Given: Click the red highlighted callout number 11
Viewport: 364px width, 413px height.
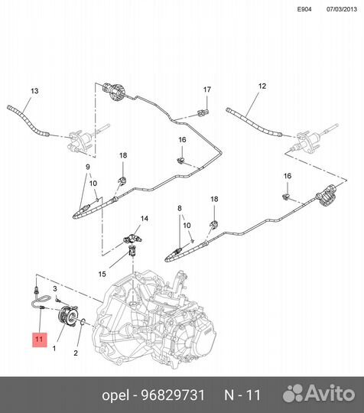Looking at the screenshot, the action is pyautogui.click(x=39, y=340).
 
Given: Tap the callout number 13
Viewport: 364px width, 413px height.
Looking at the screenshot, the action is pyautogui.click(x=34, y=91).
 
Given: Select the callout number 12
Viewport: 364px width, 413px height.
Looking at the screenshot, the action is pyautogui.click(x=262, y=86).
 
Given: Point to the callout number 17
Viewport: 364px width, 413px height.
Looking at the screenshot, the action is pyautogui.click(x=207, y=89).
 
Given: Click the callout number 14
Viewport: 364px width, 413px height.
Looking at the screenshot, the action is pyautogui.click(x=145, y=219).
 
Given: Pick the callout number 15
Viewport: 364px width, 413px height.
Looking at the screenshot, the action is pyautogui.click(x=102, y=275).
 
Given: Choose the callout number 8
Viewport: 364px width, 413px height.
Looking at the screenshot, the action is pyautogui.click(x=180, y=208).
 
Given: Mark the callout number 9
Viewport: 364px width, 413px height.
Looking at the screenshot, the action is pyautogui.click(x=88, y=167).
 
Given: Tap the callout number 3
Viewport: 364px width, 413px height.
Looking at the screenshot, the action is pyautogui.click(x=55, y=288).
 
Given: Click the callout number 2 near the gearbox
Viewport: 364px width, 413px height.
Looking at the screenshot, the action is pyautogui.click(x=76, y=353).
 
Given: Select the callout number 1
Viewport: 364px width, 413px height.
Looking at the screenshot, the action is pyautogui.click(x=54, y=349).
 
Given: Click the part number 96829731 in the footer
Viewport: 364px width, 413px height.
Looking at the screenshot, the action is pyautogui.click(x=173, y=395).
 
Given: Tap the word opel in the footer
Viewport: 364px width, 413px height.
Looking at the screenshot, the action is pyautogui.click(x=115, y=395).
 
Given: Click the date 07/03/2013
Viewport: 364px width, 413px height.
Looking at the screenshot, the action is pyautogui.click(x=342, y=9).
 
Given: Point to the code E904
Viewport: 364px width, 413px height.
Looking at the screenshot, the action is pyautogui.click(x=304, y=9).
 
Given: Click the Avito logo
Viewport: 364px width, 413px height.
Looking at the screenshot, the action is pyautogui.click(x=319, y=394).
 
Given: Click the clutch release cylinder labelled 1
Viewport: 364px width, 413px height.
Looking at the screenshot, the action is pyautogui.click(x=67, y=315).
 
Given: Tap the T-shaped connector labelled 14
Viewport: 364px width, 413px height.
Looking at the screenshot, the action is pyautogui.click(x=133, y=239).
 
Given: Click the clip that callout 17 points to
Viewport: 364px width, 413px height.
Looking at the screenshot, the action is pyautogui.click(x=203, y=113).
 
